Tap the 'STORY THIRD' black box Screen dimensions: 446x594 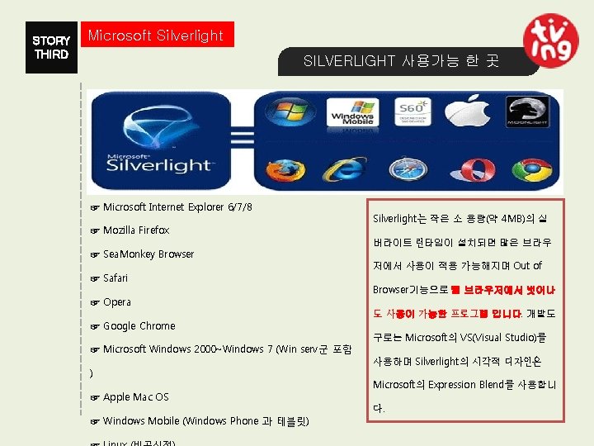click(x=51, y=47)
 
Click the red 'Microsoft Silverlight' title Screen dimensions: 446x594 click(x=156, y=36)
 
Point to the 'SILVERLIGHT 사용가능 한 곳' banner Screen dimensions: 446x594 click(x=401, y=61)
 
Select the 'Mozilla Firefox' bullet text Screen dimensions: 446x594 click(x=136, y=230)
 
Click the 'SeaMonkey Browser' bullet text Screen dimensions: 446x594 click(x=148, y=254)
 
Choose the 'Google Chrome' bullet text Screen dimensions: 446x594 click(x=139, y=326)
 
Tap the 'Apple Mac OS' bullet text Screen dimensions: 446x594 click(x=135, y=397)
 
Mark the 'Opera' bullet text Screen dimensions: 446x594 click(x=117, y=302)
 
